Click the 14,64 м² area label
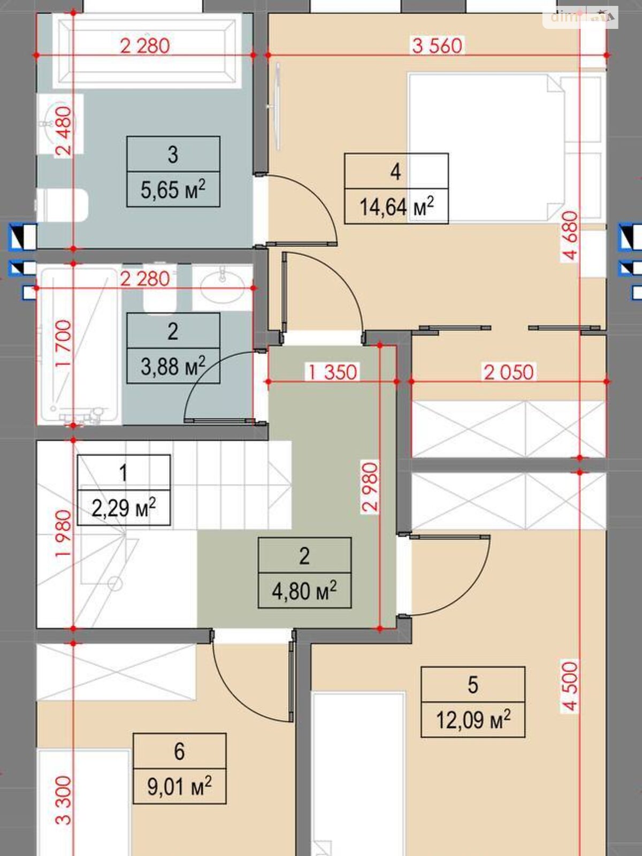pos(396,207)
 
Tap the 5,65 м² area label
pos(173,189)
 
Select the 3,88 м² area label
pos(173,366)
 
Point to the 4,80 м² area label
pos(304,591)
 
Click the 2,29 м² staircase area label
pos(124,508)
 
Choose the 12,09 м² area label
pos(473,720)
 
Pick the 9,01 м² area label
pos(179,785)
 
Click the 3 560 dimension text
pos(437,46)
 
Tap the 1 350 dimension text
pos(332,372)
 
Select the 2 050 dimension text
pos(509,372)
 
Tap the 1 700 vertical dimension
pos(64,343)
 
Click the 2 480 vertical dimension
pos(64,132)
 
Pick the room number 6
pos(179,751)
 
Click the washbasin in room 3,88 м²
pos(222,288)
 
